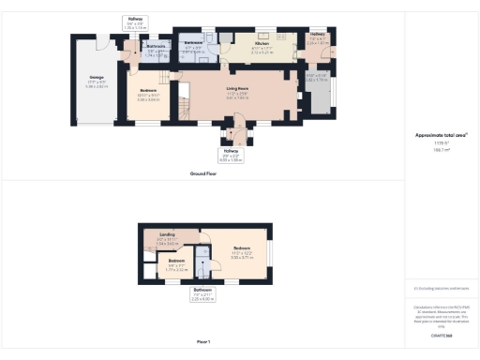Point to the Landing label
[167, 234]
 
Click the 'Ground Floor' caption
[203, 173]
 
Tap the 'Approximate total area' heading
[441, 135]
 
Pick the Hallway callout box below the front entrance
[230, 156]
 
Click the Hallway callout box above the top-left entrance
[134, 22]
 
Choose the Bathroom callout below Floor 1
[202, 292]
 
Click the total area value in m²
[441, 149]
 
